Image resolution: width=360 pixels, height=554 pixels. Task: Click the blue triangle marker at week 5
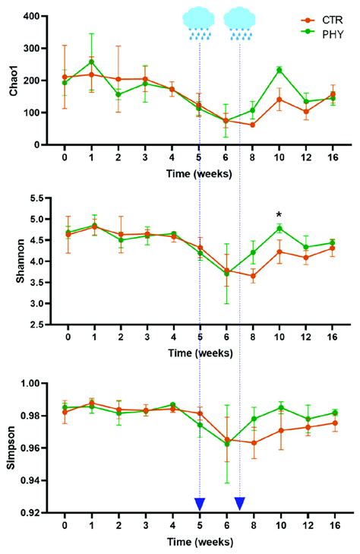click(x=199, y=503)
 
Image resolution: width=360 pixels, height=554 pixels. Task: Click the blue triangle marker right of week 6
click(x=240, y=503)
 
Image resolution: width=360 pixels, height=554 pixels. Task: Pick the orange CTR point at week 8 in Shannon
click(x=252, y=276)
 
